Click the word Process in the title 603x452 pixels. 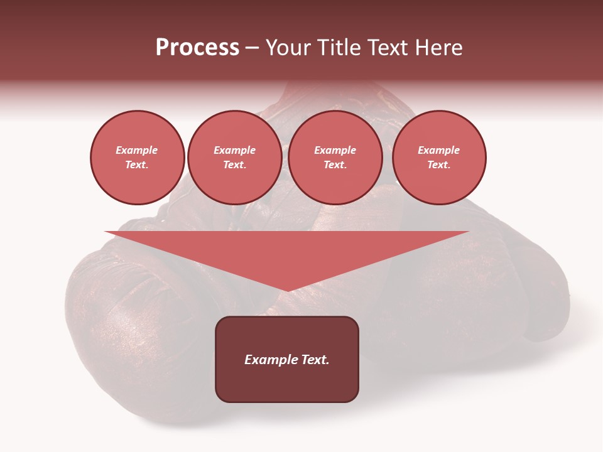pos(197,48)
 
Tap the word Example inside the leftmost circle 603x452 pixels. pos(137,151)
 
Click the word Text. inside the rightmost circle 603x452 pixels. pos(439,165)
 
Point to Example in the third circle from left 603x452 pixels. pos(335,151)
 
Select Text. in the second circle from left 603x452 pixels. pos(235,165)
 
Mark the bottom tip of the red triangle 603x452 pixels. pos(287,289)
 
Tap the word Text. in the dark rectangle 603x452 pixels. pos(315,360)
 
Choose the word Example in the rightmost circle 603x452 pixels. pos(438,151)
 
